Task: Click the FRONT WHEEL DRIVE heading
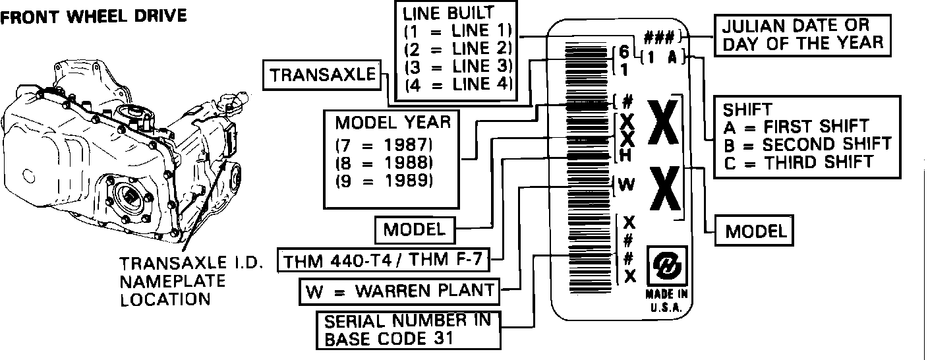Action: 94,15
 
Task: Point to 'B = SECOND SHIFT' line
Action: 807,143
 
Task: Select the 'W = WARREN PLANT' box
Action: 399,289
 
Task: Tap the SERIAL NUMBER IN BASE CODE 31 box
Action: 407,330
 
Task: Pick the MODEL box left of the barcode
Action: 415,229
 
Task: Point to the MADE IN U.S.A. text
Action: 667,301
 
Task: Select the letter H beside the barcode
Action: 627,156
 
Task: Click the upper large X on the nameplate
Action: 665,123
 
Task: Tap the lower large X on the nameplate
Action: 665,189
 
